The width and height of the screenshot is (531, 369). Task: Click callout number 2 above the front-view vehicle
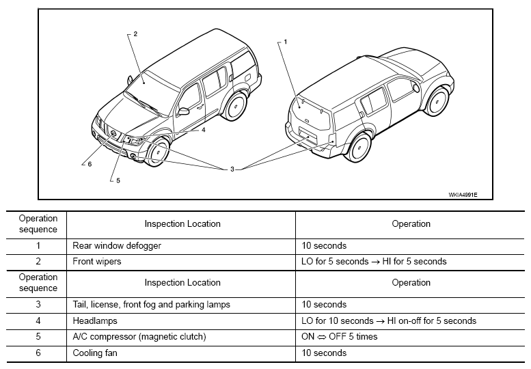click(135, 34)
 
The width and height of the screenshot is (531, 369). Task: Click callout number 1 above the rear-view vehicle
click(286, 42)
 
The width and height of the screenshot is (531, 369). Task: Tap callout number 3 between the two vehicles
click(232, 169)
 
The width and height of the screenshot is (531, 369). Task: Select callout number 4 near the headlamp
click(203, 130)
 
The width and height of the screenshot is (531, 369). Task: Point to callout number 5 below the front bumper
click(118, 180)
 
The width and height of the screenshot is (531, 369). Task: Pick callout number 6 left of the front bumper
click(90, 164)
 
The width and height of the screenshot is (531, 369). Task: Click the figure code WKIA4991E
click(463, 195)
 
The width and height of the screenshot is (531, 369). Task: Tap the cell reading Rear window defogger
click(117, 245)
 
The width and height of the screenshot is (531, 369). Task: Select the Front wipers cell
click(97, 261)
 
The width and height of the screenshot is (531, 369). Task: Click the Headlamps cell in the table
click(95, 320)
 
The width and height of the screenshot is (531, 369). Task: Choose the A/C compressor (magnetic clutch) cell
click(139, 337)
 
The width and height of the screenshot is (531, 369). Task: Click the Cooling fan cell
click(95, 353)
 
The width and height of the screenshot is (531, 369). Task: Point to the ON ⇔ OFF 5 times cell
click(340, 336)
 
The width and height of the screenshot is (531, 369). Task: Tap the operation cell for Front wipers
click(374, 261)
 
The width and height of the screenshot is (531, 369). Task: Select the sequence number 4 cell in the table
click(38, 320)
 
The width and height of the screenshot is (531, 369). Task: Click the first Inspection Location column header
click(182, 223)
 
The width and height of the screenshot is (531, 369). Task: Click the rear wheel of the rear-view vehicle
click(359, 148)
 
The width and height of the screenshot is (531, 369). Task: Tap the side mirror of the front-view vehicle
click(183, 111)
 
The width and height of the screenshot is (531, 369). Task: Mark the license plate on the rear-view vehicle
click(308, 135)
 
